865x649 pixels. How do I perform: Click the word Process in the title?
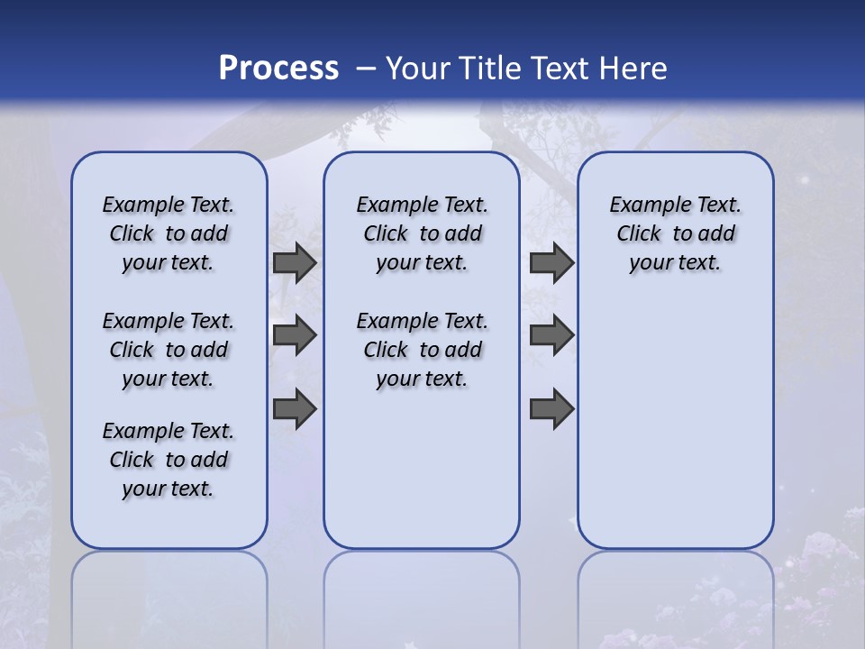[x=278, y=68]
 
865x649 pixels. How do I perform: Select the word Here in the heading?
[x=633, y=68]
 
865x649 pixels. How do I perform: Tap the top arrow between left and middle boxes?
[x=294, y=263]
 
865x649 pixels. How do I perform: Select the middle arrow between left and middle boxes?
[x=294, y=336]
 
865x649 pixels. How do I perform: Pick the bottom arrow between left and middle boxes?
[x=294, y=409]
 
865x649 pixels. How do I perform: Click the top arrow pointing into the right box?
[x=551, y=263]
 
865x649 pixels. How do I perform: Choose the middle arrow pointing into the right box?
[x=551, y=336]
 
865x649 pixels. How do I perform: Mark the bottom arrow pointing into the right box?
[x=551, y=409]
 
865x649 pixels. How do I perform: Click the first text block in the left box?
[x=168, y=233]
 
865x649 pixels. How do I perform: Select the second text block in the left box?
[x=168, y=350]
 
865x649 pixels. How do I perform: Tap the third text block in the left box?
[x=168, y=460]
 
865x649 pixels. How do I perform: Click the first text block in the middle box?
[x=422, y=233]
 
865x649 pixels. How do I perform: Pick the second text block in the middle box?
[x=422, y=350]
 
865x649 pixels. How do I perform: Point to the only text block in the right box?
[x=675, y=233]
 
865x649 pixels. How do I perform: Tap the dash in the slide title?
[x=366, y=68]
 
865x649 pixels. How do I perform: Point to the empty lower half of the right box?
[x=675, y=433]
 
